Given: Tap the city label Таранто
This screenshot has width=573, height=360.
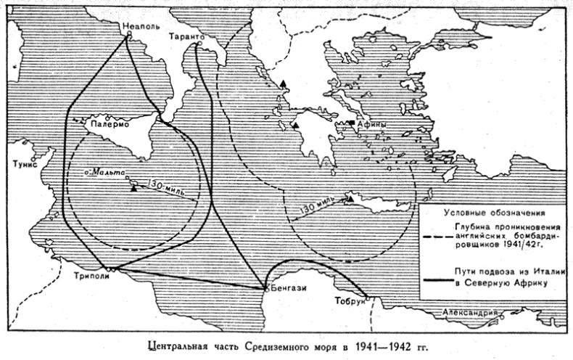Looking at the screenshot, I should click(191, 35).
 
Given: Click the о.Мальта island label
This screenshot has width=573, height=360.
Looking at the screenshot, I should click(102, 175).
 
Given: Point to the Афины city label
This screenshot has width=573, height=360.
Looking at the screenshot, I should click(374, 124).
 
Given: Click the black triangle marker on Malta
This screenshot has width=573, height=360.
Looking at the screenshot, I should click(135, 187).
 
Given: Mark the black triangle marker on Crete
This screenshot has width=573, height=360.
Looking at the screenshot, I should click(349, 197).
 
